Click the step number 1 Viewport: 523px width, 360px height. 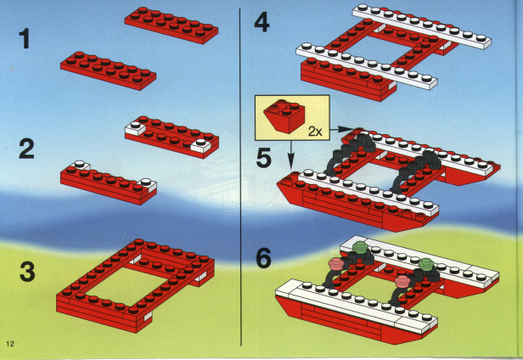pos(25,39)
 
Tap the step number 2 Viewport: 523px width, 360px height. pos(26,149)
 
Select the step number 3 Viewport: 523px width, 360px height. pos(27,271)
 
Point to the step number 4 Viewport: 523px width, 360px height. pos(261,22)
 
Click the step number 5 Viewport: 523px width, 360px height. pos(263,158)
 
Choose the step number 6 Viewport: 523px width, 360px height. pos(263,258)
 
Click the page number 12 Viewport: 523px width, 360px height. pos(10,344)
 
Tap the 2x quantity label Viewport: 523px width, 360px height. pos(315,132)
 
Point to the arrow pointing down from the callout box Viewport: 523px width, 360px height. pos(291,154)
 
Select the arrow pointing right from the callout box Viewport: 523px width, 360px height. pos(340,129)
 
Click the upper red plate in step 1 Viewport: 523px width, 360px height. pos(172,25)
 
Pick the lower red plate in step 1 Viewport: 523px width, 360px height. pos(108,70)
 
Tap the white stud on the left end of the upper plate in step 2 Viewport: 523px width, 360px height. pos(135,125)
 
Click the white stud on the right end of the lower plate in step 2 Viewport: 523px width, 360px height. pos(146,183)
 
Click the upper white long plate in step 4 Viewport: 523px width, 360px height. pos(422,26)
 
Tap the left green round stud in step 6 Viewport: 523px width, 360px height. pos(359,248)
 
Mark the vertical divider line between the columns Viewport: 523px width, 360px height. pos(240,177)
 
